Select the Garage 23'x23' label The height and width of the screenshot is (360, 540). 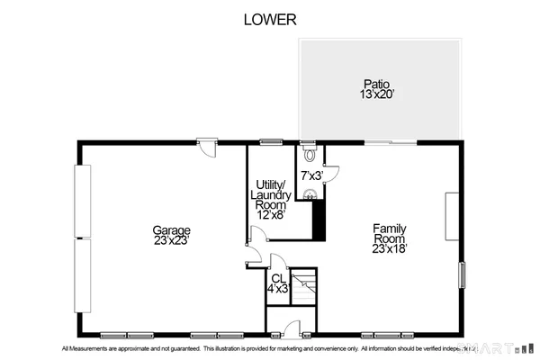[171, 236]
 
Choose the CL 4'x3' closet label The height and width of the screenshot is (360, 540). [278, 283]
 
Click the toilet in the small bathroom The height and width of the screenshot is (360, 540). [309, 153]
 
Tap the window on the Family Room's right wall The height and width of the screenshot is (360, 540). [462, 274]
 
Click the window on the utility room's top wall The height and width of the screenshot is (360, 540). [269, 141]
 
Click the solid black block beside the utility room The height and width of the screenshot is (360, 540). [317, 220]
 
